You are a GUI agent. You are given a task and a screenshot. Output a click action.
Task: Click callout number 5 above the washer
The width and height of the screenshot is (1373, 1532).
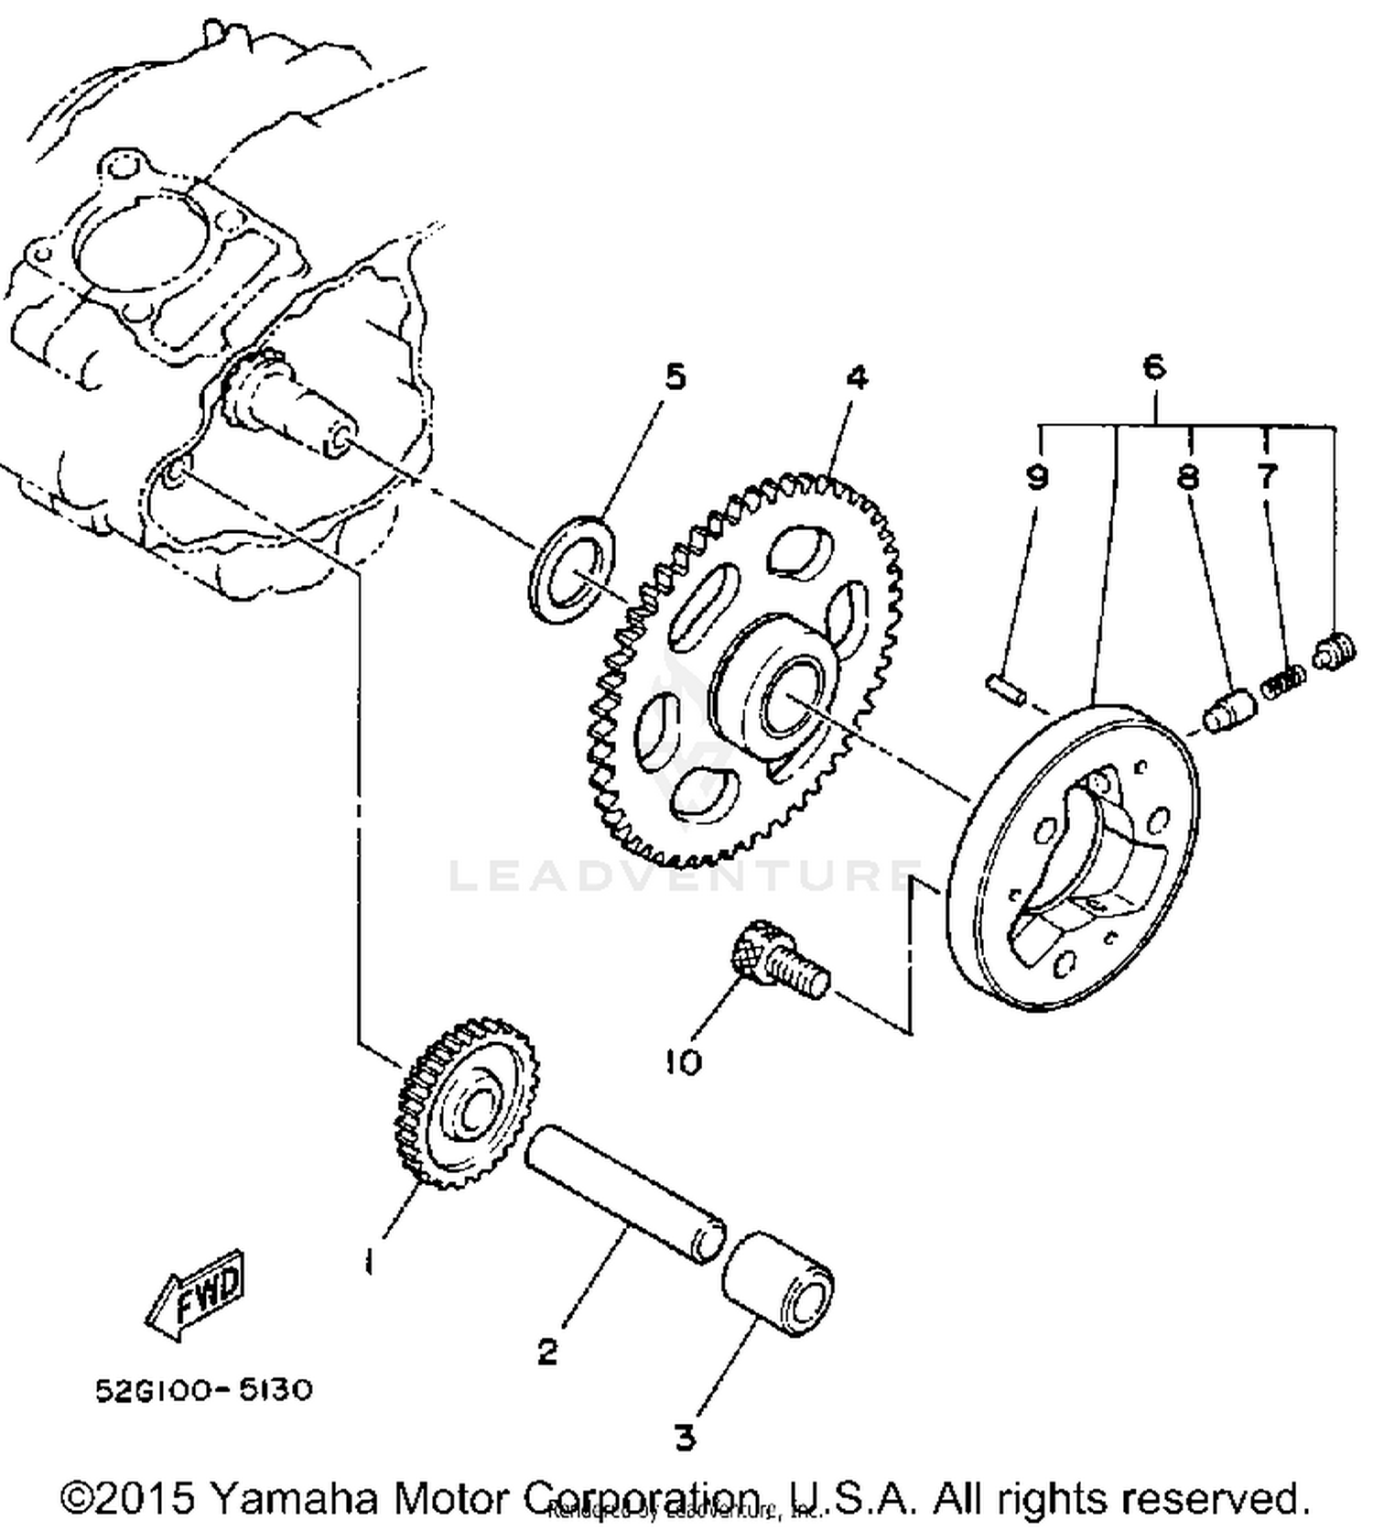pos(675,376)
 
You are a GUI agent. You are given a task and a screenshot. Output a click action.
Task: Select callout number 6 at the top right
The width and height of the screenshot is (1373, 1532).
pos(1154,366)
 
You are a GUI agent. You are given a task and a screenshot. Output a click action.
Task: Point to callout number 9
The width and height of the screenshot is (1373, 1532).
pos(1036,476)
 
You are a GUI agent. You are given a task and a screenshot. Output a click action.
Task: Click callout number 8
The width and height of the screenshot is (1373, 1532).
pos(1188,476)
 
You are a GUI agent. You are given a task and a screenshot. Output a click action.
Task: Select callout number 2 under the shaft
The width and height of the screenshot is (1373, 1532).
pos(547,1350)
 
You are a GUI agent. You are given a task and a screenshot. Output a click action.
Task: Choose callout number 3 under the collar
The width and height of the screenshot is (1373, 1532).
pos(685,1437)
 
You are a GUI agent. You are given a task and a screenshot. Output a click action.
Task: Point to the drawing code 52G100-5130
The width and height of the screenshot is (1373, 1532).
pos(204,1390)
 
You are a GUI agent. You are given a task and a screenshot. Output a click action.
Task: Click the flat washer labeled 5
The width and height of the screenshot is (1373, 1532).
pos(572,570)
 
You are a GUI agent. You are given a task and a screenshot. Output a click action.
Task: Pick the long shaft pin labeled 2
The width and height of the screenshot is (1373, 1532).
pos(625,1198)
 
